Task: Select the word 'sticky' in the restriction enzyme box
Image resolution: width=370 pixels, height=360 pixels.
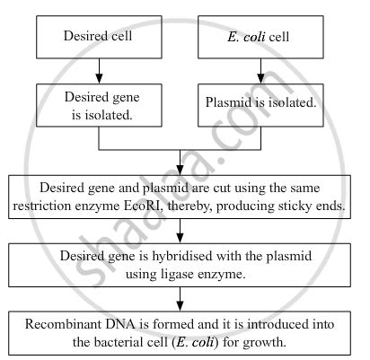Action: pyautogui.click(x=297, y=207)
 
